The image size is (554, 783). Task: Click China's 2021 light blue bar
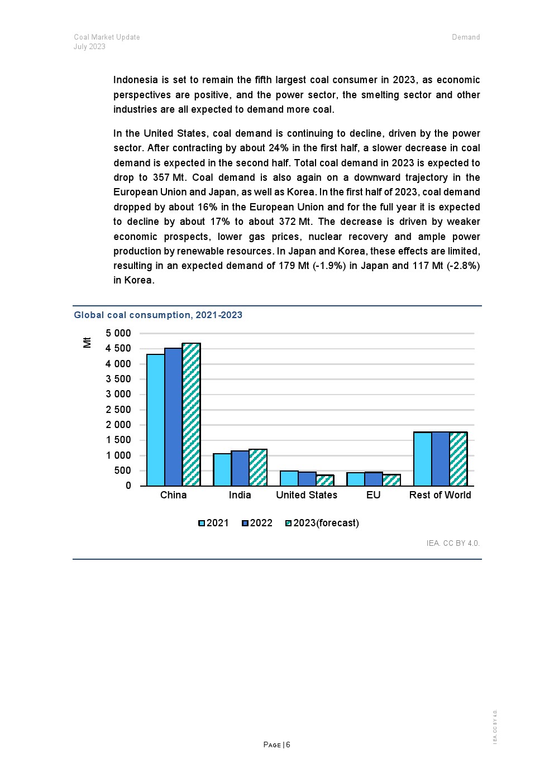tap(156, 420)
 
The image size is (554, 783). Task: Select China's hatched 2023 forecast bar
tap(191, 414)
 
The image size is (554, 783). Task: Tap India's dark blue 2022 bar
tap(240, 468)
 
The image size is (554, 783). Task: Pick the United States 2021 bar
tap(289, 478)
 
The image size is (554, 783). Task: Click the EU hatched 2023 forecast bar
tap(391, 480)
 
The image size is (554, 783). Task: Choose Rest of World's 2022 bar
tap(440, 459)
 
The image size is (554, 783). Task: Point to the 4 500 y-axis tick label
tap(118, 349)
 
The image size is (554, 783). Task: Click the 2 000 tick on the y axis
tap(118, 425)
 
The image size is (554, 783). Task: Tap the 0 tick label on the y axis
tap(128, 486)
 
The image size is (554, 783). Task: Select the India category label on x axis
tap(240, 495)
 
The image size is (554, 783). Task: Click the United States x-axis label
tap(307, 495)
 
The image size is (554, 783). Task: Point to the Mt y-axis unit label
tap(87, 342)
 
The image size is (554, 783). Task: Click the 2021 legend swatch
tap(202, 523)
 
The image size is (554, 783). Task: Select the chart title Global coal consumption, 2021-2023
tap(158, 315)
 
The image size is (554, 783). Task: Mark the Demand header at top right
tap(466, 37)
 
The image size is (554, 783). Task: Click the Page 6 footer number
tap(277, 744)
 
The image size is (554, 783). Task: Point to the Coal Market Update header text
tap(107, 37)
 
